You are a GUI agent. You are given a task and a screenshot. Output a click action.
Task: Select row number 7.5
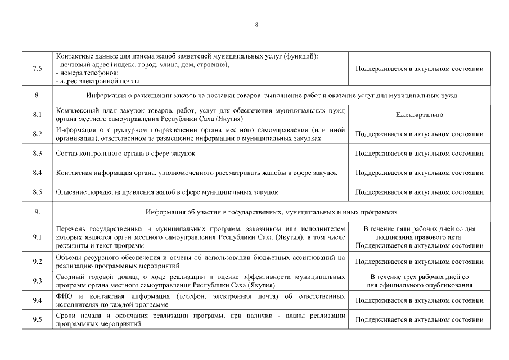pos(38,69)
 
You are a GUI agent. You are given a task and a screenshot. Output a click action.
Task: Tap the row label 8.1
pos(38,115)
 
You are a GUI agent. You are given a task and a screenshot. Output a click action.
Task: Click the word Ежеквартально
pos(420,115)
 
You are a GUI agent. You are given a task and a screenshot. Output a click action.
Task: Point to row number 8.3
pos(38,154)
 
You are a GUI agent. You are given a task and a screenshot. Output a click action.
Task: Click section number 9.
pos(38,212)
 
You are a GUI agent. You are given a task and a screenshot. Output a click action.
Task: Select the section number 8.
pos(38,95)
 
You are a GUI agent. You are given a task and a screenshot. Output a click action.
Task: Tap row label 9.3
pos(38,281)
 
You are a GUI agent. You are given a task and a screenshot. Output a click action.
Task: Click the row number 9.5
pos(38,320)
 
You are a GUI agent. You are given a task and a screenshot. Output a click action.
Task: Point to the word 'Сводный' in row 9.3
pos(71,277)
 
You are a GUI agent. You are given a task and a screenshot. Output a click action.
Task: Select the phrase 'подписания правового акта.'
pos(420,237)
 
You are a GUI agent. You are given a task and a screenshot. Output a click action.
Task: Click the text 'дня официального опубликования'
pos(420,285)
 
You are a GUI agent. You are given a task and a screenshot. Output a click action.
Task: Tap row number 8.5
pos(38,192)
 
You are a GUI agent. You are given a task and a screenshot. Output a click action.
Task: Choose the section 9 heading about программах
pos(271,212)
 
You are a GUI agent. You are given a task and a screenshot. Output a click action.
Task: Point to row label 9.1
pos(38,237)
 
